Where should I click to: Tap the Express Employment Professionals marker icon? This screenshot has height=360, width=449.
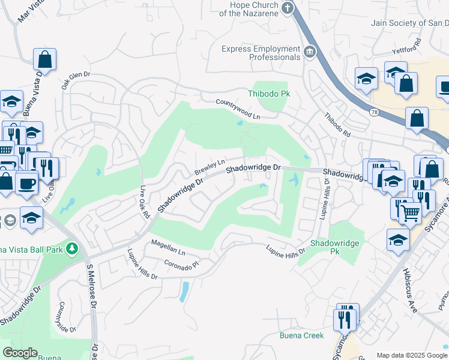pyautogui.click(x=310, y=52)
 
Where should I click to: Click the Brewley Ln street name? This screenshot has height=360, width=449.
pyautogui.click(x=209, y=167)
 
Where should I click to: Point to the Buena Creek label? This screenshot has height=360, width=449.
pyautogui.click(x=301, y=335)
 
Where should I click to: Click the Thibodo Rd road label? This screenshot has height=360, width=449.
pyautogui.click(x=337, y=125)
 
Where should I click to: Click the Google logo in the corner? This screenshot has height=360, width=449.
pyautogui.click(x=20, y=353)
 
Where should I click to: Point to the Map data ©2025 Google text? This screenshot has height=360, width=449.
pyautogui.click(x=411, y=355)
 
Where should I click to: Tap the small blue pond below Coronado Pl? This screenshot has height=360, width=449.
pyautogui.click(x=184, y=292)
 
